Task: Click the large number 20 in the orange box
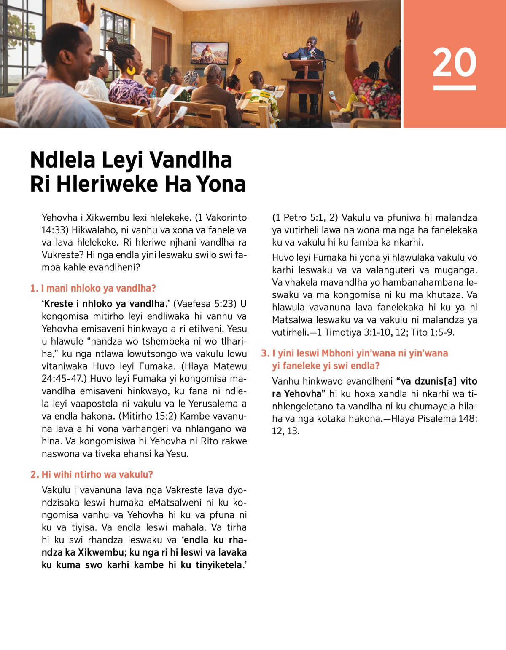pos(454,62)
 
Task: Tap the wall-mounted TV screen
pos(210,53)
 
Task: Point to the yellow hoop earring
pos(131,70)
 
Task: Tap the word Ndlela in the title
pos(63,160)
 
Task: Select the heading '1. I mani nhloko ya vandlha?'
pos(93,288)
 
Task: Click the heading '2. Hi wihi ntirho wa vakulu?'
pos(92,474)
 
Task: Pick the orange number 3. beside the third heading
pos(265,353)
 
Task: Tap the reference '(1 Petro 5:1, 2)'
pos(305,217)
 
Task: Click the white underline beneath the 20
pos(454,88)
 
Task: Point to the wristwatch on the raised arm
pos(351,42)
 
